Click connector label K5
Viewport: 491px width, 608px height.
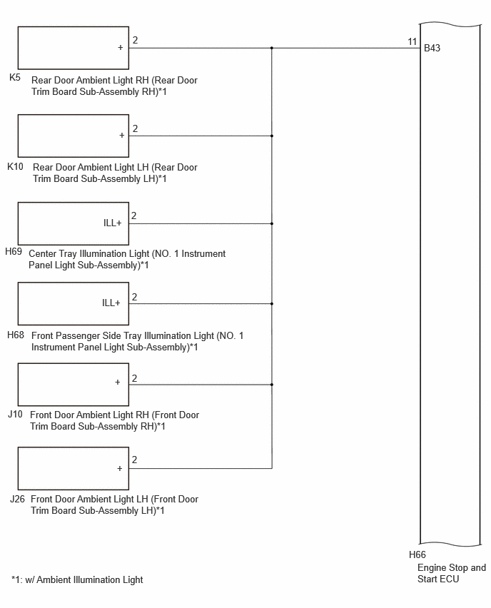click(x=15, y=77)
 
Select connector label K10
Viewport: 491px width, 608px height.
click(x=15, y=166)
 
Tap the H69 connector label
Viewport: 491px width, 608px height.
click(x=14, y=251)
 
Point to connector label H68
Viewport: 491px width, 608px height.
click(x=16, y=335)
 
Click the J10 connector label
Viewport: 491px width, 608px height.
click(x=15, y=414)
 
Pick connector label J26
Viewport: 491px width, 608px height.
click(x=17, y=499)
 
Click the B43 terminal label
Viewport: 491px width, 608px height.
click(x=432, y=48)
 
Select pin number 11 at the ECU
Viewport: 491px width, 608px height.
click(x=412, y=41)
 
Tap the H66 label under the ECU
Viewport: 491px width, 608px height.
click(x=417, y=554)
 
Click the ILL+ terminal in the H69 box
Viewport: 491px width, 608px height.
click(x=113, y=223)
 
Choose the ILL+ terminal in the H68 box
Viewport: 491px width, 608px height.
click(x=111, y=303)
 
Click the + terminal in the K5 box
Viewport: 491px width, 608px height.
click(x=120, y=47)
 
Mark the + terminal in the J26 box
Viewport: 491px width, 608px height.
click(x=119, y=468)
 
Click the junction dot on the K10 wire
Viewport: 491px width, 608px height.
click(x=272, y=136)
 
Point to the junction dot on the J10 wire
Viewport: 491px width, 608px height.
click(x=272, y=385)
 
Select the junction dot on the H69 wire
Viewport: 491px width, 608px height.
click(x=272, y=224)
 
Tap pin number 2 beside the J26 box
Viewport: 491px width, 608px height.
click(x=135, y=460)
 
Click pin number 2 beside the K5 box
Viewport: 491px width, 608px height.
click(x=135, y=40)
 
